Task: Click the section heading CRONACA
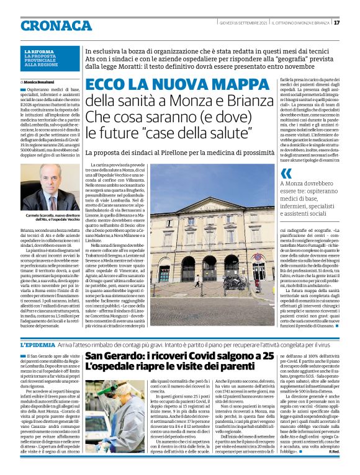point(55,25)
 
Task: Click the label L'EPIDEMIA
point(38,344)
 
